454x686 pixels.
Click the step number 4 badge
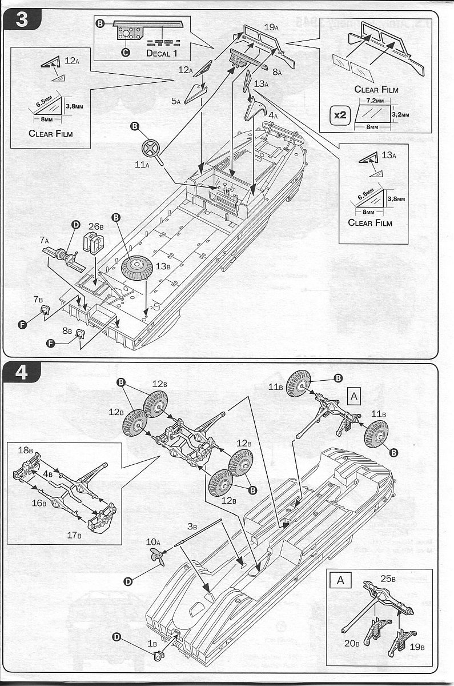pyautogui.click(x=21, y=373)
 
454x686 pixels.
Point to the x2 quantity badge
pyautogui.click(x=340, y=114)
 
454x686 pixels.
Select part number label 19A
pyautogui.click(x=271, y=26)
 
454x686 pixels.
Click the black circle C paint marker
pyautogui.click(x=125, y=52)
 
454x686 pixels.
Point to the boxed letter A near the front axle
pyautogui.click(x=354, y=396)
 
